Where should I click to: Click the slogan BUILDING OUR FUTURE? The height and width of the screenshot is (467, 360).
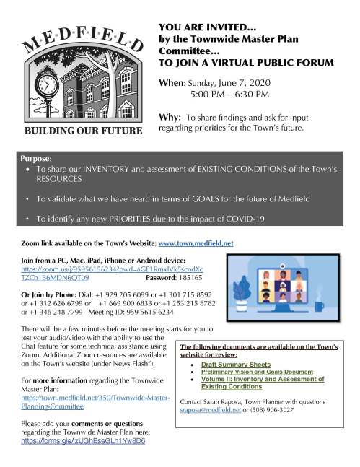[79, 132]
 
